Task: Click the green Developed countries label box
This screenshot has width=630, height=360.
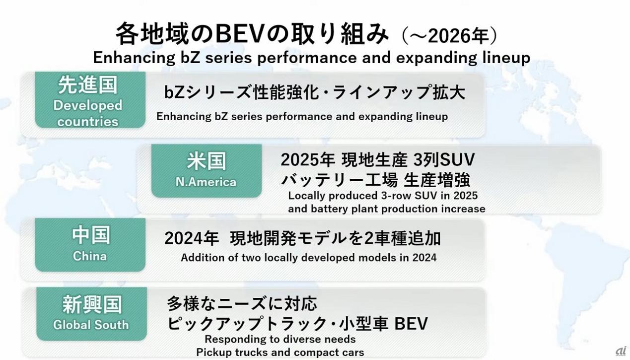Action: click(x=90, y=100)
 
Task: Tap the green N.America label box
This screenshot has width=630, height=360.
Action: click(x=207, y=171)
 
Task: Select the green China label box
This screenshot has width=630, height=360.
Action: click(x=90, y=245)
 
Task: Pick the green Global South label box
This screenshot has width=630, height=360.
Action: click(x=92, y=314)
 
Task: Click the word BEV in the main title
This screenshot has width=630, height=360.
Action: click(x=240, y=34)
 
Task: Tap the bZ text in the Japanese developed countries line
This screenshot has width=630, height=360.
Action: click(x=174, y=92)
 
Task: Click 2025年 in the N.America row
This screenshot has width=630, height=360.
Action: click(x=308, y=160)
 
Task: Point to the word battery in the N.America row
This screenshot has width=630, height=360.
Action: click(x=329, y=209)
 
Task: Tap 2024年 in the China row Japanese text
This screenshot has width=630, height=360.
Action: click(x=192, y=238)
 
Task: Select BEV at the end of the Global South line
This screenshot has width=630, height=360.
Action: click(x=411, y=323)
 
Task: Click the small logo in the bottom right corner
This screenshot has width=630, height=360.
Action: click(x=621, y=352)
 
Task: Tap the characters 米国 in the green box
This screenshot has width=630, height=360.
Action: click(x=207, y=161)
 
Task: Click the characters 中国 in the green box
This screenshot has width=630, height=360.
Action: click(x=90, y=235)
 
